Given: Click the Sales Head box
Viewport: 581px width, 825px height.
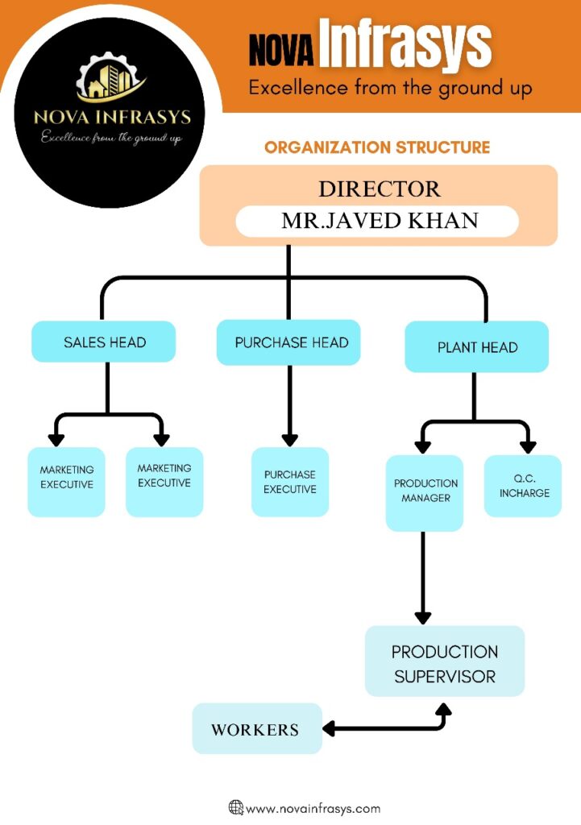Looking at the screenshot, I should [104, 342].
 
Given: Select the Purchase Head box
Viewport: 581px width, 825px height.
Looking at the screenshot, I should [288, 342].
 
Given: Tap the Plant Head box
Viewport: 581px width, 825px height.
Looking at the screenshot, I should [477, 347].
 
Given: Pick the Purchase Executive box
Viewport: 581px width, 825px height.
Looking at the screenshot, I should [290, 482].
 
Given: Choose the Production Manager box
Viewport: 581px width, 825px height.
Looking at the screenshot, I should [425, 492].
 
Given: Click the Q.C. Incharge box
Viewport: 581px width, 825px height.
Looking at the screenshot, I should [523, 486].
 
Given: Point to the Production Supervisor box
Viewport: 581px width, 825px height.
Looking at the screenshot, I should [445, 662].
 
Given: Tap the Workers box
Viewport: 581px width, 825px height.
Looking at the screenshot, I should [256, 729].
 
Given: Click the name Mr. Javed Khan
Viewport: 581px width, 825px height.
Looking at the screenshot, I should [376, 221].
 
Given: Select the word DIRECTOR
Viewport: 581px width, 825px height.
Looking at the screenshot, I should [380, 189].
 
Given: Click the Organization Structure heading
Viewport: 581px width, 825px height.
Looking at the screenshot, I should [377, 147].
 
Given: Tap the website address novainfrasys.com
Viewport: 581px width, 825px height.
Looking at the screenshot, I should [313, 808].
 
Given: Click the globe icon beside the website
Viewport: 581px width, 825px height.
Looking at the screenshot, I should [236, 807].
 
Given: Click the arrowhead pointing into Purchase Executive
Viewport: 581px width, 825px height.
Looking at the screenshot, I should [289, 441].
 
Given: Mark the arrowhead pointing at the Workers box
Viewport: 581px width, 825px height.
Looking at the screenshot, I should [329, 730].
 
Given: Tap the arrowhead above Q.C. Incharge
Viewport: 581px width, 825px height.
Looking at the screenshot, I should [528, 446].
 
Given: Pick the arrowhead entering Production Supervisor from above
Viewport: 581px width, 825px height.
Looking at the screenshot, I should [423, 617].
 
